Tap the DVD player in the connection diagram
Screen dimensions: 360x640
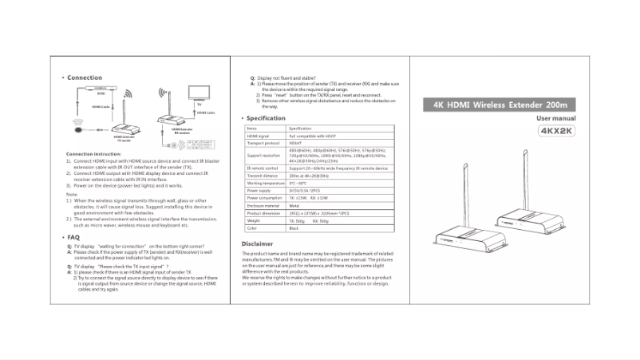tap(101, 87)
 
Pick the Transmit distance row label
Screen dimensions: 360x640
tap(262, 176)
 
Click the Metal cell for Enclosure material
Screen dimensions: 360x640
tap(294, 206)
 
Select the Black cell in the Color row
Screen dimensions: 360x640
tap(294, 229)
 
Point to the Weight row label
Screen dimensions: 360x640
tap(254, 221)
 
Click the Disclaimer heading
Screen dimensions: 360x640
tap(258, 243)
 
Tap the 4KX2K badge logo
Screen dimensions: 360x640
tap(556, 131)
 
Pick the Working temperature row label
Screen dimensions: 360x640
tap(266, 184)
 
